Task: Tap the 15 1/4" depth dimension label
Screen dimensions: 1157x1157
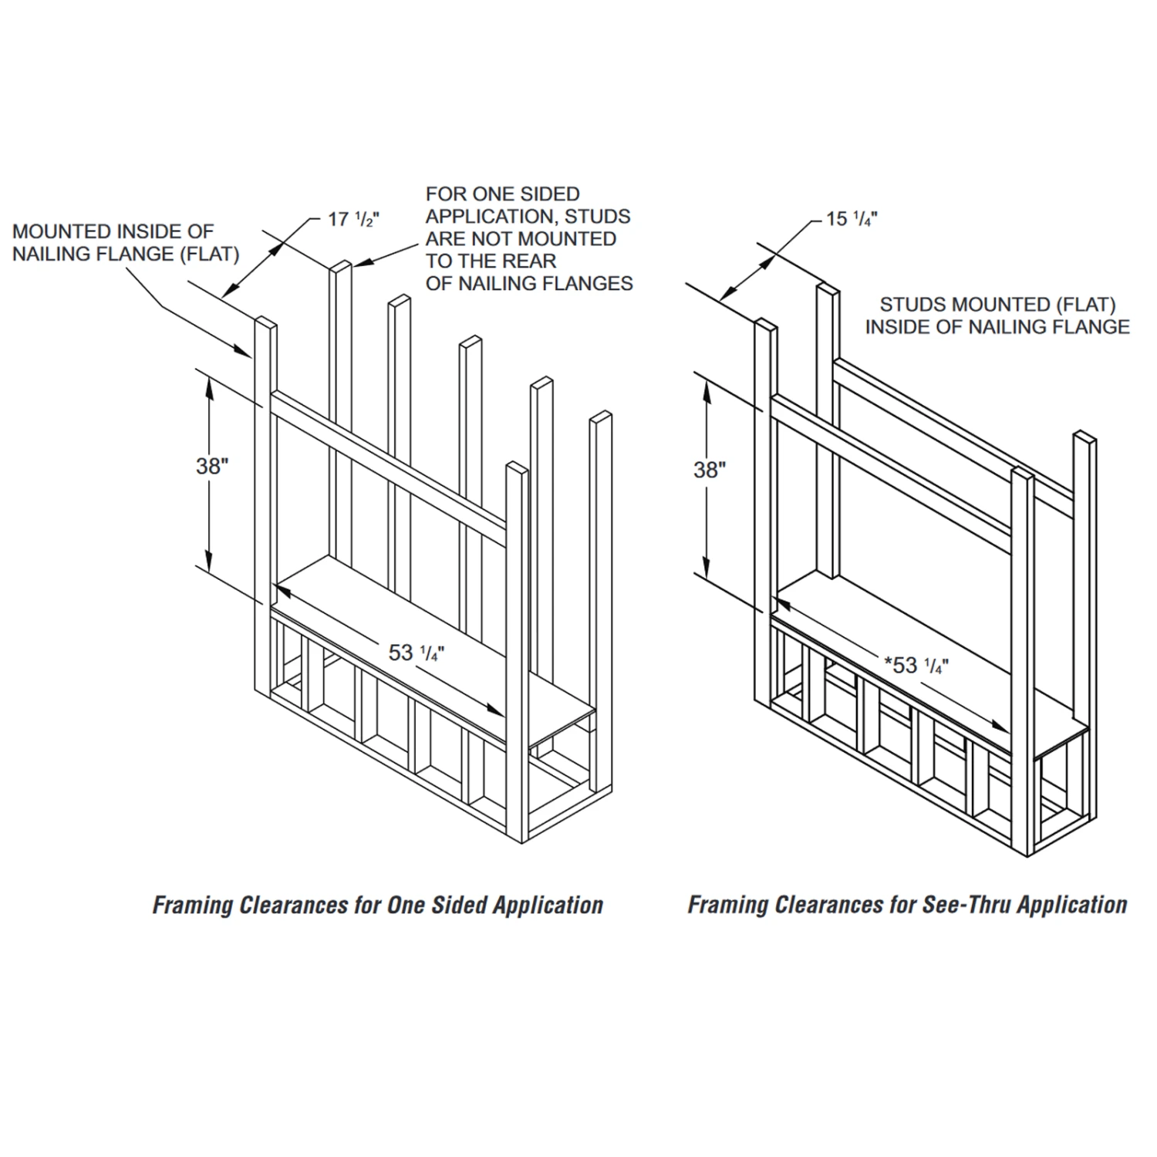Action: pyautogui.click(x=852, y=219)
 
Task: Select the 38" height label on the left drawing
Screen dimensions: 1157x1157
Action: pyautogui.click(x=212, y=466)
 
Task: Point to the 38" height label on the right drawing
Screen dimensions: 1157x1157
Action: pyautogui.click(x=710, y=470)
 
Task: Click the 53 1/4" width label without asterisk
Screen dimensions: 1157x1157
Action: pyautogui.click(x=416, y=653)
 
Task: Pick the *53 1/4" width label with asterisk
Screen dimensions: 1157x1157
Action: pyautogui.click(x=916, y=665)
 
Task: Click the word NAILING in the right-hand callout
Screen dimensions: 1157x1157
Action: pyautogui.click(x=1004, y=327)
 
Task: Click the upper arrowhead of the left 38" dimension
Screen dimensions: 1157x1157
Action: pyautogui.click(x=207, y=383)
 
